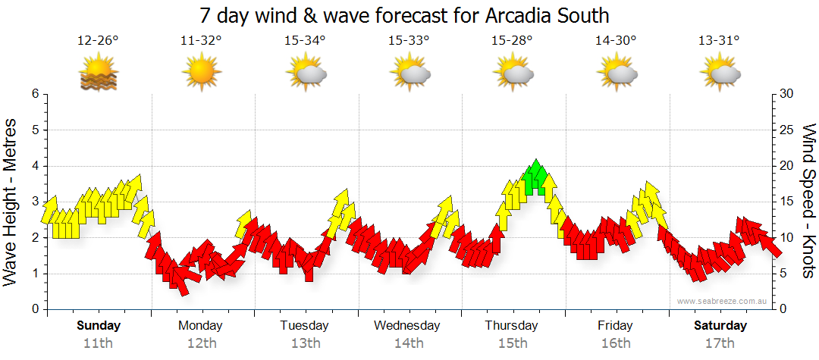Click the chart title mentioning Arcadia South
tap(404, 16)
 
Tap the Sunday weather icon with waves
tap(98, 74)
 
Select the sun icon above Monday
tap(201, 74)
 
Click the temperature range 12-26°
tap(98, 41)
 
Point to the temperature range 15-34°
tap(305, 41)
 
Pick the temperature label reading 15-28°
tap(512, 41)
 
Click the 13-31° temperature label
tap(719, 41)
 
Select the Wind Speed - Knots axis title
tap(808, 202)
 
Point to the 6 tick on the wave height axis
tap(34, 94)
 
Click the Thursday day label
tap(511, 326)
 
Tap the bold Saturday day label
tap(720, 326)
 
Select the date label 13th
tap(305, 343)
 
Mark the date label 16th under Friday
tap(615, 343)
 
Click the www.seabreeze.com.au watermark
tap(723, 302)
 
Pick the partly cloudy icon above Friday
tap(616, 74)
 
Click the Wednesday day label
tap(407, 326)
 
